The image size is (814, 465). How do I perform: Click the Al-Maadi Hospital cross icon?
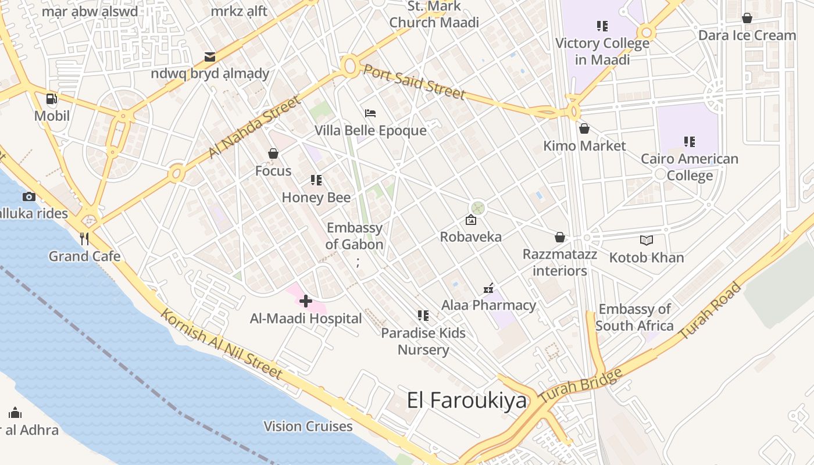(306, 301)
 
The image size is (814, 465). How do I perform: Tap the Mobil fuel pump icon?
(52, 99)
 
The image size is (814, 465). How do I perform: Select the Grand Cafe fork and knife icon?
(84, 239)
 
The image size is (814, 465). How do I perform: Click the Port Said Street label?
(414, 82)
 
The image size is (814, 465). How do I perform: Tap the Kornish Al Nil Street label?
(221, 344)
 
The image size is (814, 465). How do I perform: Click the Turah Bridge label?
(580, 385)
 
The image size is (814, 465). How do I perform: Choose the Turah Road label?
(711, 311)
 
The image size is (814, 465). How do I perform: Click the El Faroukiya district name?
(467, 400)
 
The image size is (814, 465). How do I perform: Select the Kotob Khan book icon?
(646, 240)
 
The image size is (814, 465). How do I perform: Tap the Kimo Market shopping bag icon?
(584, 128)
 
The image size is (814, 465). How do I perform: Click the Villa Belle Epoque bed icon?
(370, 113)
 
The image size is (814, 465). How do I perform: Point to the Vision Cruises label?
(308, 426)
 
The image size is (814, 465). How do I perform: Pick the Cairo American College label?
(690, 167)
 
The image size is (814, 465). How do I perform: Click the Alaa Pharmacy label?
(488, 305)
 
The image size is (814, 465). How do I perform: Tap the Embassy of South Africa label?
(634, 317)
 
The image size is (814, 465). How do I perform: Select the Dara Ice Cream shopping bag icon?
(747, 18)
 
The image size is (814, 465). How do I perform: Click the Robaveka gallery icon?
(471, 220)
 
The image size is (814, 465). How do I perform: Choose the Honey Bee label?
(316, 198)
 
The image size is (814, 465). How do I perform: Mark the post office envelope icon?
(210, 56)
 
